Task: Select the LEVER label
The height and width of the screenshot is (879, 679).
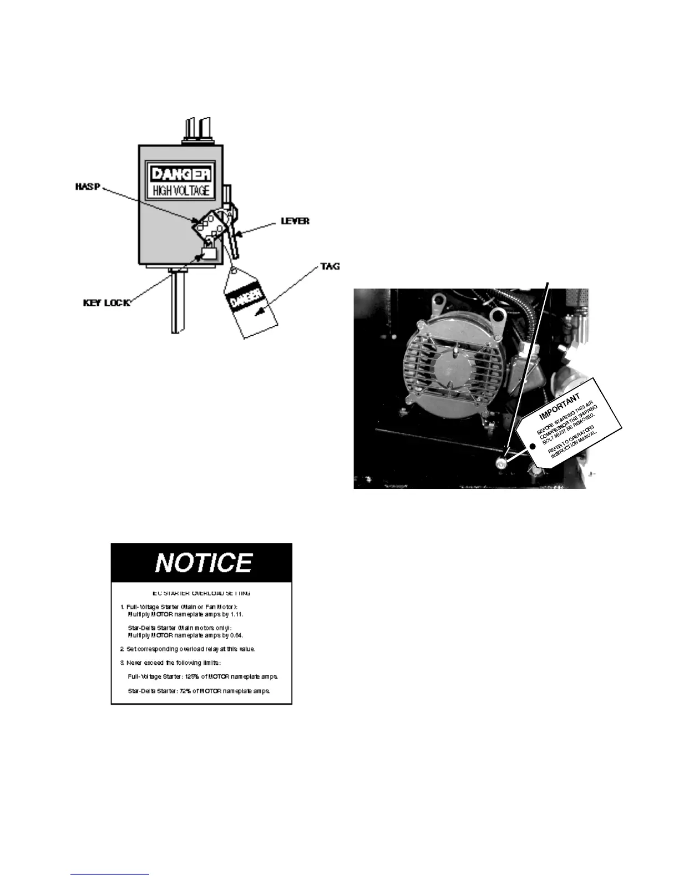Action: (x=295, y=221)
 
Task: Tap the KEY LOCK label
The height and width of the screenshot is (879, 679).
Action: (x=106, y=303)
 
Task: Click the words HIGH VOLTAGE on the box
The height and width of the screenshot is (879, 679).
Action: (x=181, y=191)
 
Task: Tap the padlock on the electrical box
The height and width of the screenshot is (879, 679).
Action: (x=209, y=253)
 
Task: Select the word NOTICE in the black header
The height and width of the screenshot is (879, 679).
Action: (x=203, y=563)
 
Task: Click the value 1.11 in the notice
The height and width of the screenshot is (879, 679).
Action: (x=237, y=614)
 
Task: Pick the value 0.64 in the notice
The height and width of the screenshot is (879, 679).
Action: (x=237, y=635)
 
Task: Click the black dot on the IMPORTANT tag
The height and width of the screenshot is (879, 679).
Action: (x=533, y=446)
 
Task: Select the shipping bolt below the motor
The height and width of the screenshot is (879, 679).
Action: (x=501, y=463)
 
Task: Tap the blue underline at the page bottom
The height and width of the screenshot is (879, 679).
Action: (x=110, y=875)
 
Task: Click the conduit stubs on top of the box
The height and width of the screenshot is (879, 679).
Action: (x=197, y=130)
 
